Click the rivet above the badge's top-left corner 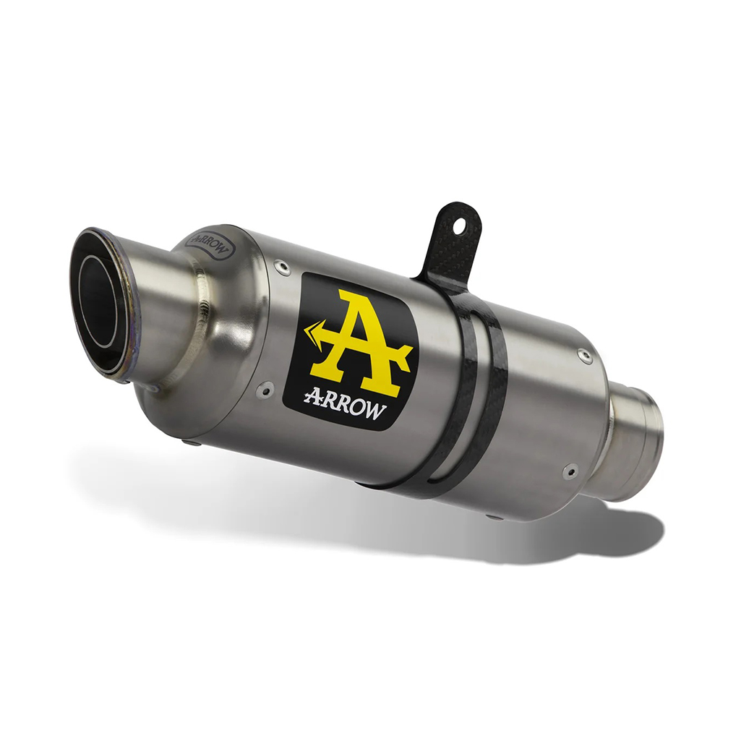click(x=283, y=267)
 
